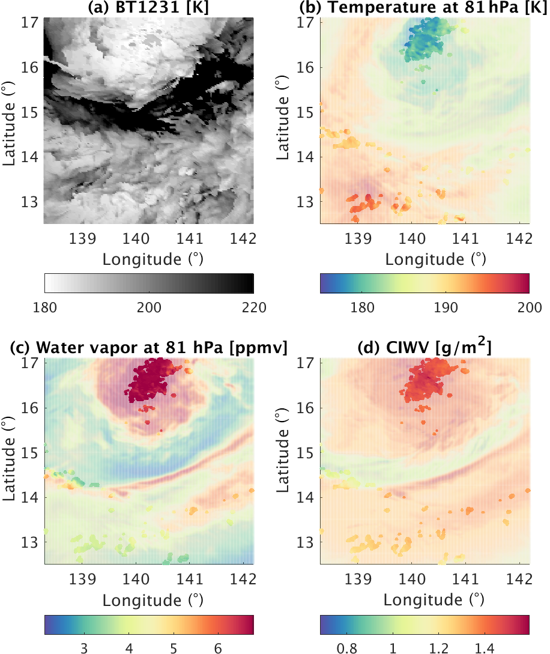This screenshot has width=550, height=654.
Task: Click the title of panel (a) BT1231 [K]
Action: [x=149, y=8]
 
